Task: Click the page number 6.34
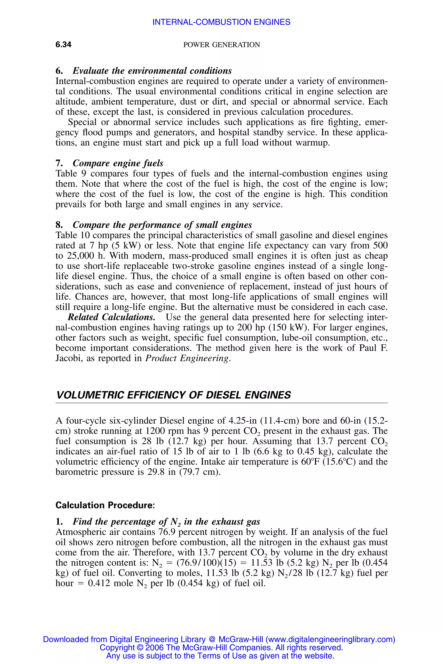(x=63, y=45)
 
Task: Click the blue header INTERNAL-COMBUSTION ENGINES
(x=221, y=22)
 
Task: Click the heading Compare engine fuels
(x=118, y=163)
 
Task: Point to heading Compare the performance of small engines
(x=162, y=225)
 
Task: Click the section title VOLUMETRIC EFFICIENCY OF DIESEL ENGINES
(x=173, y=395)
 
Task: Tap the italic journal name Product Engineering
(x=187, y=358)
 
